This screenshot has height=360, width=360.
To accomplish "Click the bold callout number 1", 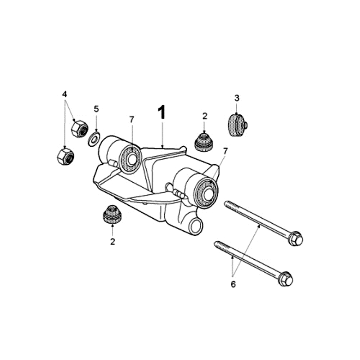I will click(162, 112).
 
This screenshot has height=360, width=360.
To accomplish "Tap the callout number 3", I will click(237, 98).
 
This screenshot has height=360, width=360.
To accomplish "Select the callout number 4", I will click(64, 94).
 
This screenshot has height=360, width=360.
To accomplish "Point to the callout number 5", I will click(96, 109).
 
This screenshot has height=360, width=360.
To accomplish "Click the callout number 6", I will click(233, 284).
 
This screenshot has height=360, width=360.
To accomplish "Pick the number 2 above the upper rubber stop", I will click(205, 116).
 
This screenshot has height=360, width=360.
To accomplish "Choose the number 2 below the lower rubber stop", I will click(112, 242).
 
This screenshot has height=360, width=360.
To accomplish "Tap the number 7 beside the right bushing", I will click(225, 152).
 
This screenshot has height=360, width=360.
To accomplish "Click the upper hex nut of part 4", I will click(80, 129).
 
